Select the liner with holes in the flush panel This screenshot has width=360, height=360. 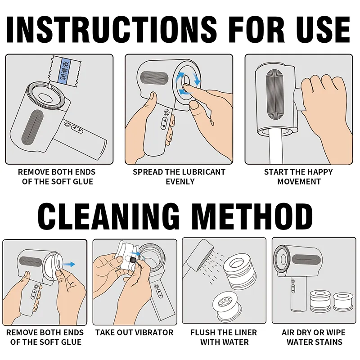tap(229, 301)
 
